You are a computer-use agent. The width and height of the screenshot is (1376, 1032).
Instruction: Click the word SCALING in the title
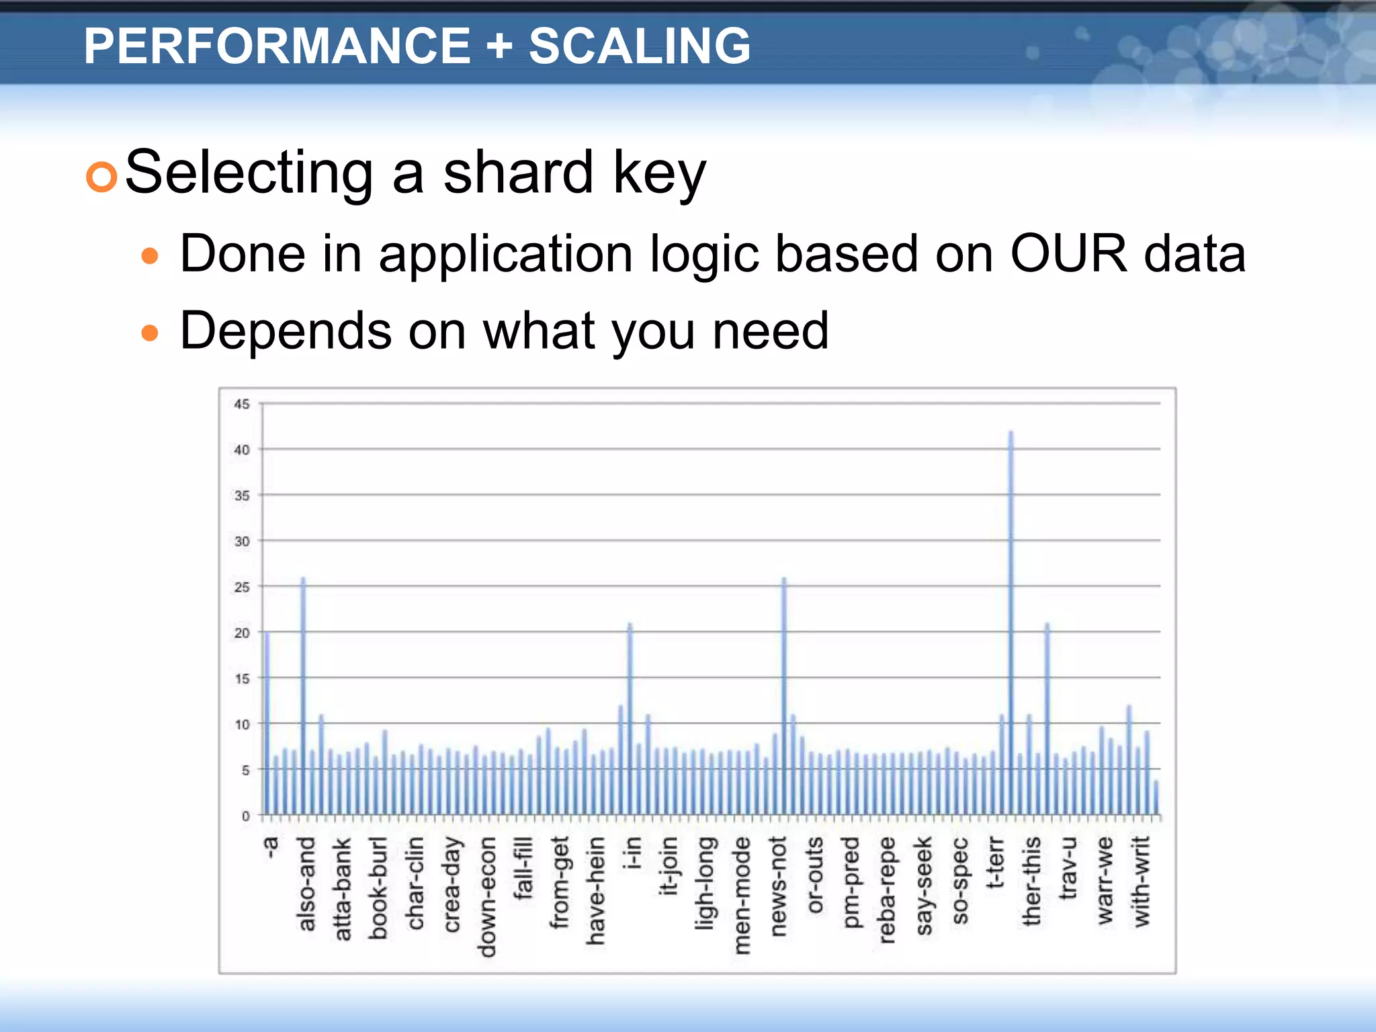[639, 46]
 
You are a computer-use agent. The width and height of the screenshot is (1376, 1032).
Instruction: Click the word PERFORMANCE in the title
[277, 46]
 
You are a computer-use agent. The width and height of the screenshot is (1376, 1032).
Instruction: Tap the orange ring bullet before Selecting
[102, 177]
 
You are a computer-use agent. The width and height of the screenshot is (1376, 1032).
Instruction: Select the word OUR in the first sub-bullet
[1068, 254]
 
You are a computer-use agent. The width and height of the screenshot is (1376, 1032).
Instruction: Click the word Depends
[286, 331]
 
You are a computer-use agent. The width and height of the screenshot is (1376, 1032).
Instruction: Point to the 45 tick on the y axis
[242, 404]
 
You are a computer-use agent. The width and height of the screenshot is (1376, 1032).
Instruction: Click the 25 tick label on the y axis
[242, 587]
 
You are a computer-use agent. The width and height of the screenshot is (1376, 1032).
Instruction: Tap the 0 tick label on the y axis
[245, 816]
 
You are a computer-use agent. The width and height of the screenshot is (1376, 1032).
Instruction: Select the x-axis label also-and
[306, 884]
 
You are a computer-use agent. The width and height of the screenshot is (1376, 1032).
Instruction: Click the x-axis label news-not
[778, 886]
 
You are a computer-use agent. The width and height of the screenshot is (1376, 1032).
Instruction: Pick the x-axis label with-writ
[1142, 882]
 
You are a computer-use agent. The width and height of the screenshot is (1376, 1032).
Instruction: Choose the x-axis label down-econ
[487, 896]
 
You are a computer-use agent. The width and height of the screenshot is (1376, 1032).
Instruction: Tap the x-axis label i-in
[631, 853]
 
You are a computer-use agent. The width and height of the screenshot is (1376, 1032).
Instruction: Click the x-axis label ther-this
[1031, 881]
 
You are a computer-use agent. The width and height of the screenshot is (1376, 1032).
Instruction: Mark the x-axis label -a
[270, 847]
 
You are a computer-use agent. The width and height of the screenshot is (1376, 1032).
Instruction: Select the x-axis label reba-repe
[887, 890]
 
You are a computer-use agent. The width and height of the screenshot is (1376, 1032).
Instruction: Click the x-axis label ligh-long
[705, 884]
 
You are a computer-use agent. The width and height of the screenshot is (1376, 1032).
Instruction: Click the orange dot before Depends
[150, 333]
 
